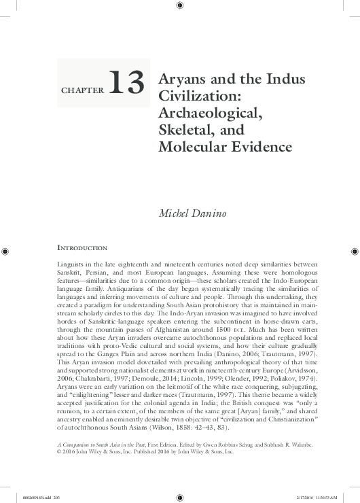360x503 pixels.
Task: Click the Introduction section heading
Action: click(81, 248)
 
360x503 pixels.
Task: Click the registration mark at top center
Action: click(179, 6)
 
